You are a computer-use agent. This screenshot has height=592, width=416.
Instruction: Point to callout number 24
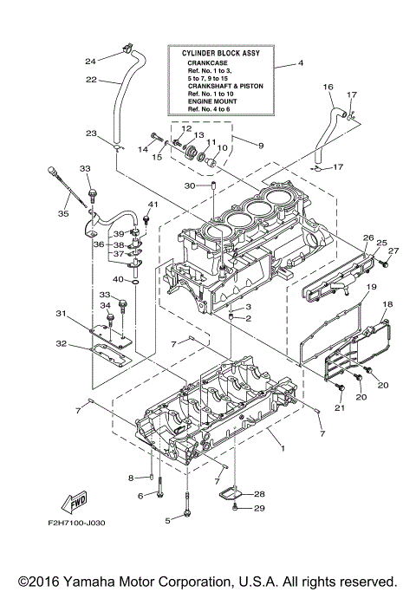click(89, 61)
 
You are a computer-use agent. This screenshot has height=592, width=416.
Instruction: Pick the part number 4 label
click(300, 64)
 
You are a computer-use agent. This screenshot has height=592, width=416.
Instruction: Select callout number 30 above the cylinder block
click(190, 185)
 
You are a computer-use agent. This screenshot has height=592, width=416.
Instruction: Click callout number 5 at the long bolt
click(168, 520)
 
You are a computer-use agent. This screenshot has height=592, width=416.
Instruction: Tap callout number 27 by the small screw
click(393, 251)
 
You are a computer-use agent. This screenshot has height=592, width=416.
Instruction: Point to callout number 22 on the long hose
click(90, 81)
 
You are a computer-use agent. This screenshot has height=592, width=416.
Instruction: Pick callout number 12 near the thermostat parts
click(185, 128)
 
